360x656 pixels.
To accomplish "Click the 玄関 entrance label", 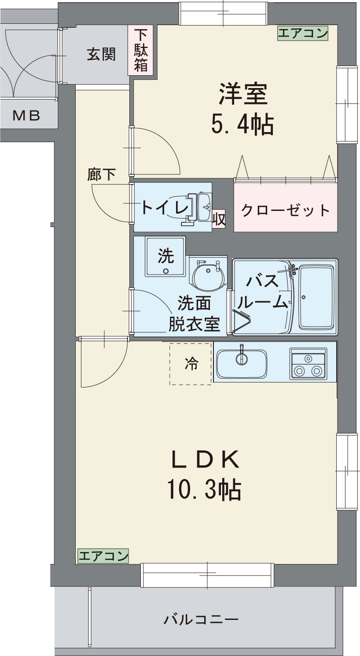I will pos(101,54).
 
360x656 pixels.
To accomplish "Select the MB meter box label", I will pos(26,116).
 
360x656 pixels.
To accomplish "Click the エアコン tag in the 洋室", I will pos(303,33).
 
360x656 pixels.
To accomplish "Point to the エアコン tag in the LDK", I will pos(103,556).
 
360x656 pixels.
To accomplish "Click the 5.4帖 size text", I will pos(242,125).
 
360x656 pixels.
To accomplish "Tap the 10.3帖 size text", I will pos(204,489).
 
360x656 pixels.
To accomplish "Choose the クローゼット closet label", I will pos(286,210).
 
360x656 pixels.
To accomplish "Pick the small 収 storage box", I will pos(219,219).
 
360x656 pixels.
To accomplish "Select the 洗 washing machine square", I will pos(166,256).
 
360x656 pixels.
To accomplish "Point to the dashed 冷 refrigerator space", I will pos(191,364).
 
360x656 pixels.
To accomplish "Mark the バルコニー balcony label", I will pos(201,620).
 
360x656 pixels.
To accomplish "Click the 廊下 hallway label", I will pos(101,175).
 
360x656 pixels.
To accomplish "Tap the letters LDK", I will pos(205,460).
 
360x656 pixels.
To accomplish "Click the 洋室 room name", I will pos(243,94).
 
